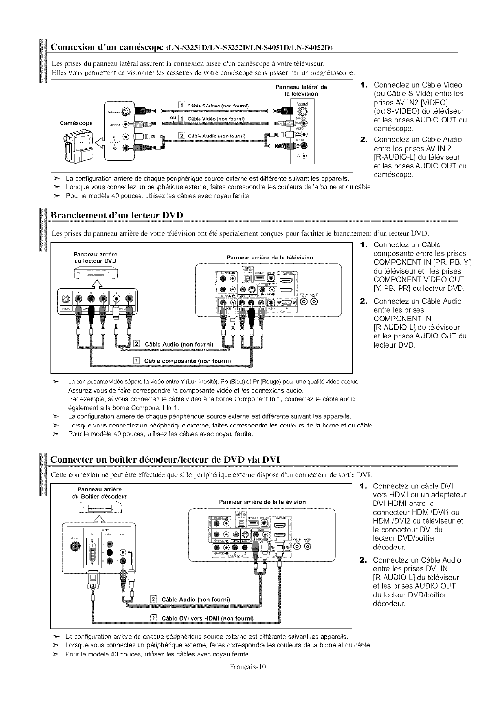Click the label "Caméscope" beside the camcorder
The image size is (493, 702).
pyautogui.click(x=76, y=123)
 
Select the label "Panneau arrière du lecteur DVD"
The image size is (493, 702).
pyautogui.click(x=95, y=258)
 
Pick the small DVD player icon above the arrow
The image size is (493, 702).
pyautogui.click(x=95, y=274)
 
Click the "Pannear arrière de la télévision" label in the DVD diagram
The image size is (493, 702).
pyautogui.click(x=270, y=257)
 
